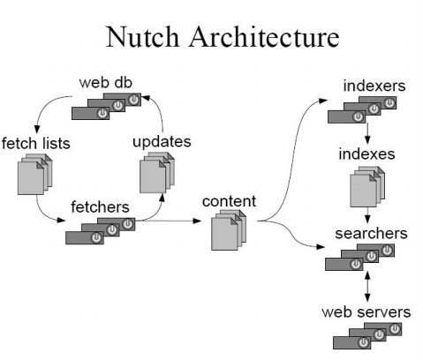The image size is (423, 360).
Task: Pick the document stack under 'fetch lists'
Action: pos(33,176)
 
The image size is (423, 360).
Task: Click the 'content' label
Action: pos(229,201)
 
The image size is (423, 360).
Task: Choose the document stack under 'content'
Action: pos(229,232)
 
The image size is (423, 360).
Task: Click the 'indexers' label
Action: pos(370,87)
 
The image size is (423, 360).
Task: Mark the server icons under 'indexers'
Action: pos(362,109)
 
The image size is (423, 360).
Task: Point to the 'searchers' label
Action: pos(371,234)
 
